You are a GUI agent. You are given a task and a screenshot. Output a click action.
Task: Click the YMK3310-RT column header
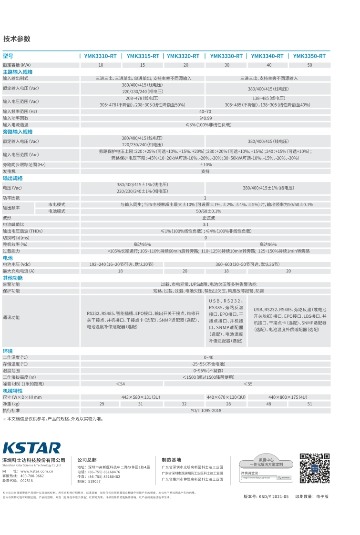(100, 56)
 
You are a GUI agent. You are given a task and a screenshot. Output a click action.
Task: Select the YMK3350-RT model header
(309, 56)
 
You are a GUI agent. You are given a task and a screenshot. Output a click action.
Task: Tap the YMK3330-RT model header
(226, 56)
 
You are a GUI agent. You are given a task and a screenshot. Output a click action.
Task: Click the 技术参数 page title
(17, 39)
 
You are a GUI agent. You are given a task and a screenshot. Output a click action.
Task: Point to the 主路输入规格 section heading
(18, 71)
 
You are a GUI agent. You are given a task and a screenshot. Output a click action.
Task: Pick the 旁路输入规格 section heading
(18, 131)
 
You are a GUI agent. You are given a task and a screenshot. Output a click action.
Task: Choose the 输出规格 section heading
(13, 178)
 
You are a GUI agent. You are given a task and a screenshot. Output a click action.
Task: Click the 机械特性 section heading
(13, 391)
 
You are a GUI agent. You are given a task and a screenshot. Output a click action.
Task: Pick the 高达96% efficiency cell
(268, 244)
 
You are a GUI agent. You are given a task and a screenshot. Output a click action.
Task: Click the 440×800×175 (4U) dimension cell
(288, 397)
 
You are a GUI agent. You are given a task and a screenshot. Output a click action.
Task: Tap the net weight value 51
(309, 404)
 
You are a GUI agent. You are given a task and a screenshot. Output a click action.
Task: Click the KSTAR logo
(32, 448)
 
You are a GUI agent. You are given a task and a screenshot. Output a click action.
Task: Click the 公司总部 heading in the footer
(87, 460)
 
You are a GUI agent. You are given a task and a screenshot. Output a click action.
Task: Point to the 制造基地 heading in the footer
(172, 460)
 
